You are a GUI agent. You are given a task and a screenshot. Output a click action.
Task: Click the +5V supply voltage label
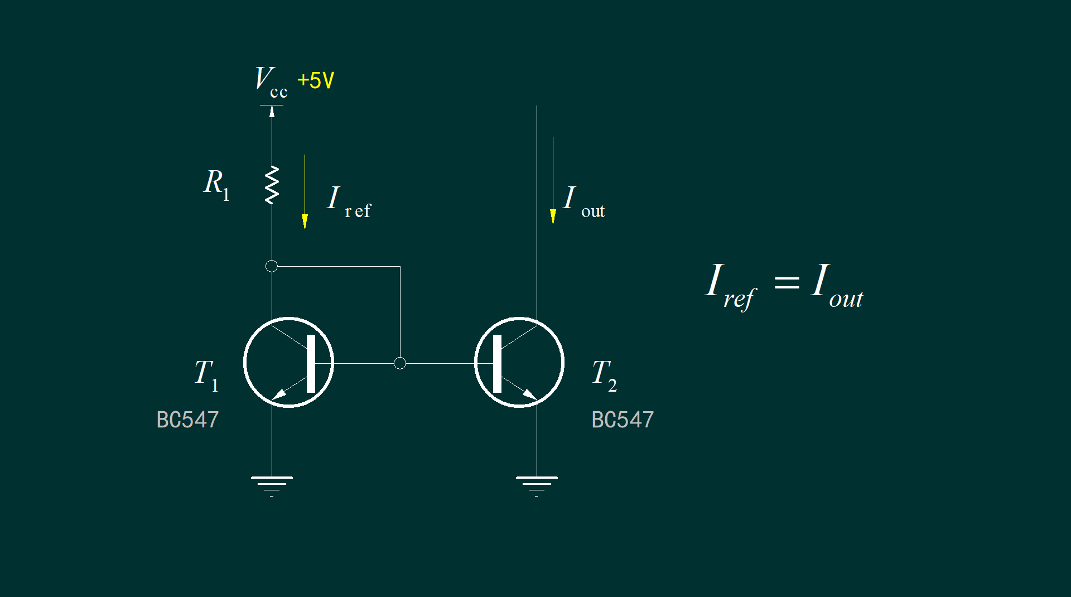[x=316, y=80]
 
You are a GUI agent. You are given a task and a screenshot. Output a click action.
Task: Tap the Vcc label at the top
[x=271, y=82]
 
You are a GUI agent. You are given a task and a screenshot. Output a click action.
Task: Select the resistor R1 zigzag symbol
[x=272, y=185]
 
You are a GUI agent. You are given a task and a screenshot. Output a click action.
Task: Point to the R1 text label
[x=216, y=184]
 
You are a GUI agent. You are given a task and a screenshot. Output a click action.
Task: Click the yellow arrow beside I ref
[x=305, y=192]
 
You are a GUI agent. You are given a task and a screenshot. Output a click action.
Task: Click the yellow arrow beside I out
[x=553, y=180]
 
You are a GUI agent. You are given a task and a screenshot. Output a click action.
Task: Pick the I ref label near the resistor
[x=349, y=202]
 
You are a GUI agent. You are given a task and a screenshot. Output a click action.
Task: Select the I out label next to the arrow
[x=584, y=202]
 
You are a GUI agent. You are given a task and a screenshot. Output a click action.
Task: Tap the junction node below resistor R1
[x=272, y=266]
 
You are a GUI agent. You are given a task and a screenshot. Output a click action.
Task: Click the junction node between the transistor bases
[x=400, y=363]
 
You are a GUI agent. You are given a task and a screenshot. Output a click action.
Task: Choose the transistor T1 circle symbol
[x=244, y=363]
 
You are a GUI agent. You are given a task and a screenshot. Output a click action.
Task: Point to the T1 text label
[x=206, y=375]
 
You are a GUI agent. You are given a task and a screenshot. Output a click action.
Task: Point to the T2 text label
[x=605, y=375]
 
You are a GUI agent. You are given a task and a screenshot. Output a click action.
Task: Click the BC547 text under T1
[x=187, y=420]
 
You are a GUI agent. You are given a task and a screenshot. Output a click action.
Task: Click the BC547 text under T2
[x=623, y=420]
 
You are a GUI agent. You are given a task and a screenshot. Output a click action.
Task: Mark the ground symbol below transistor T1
[x=272, y=486]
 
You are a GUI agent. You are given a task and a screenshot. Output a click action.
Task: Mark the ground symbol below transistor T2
[x=537, y=486]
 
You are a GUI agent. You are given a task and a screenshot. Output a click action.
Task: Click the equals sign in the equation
[x=787, y=282]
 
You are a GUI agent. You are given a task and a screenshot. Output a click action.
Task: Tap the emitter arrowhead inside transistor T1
[x=278, y=394]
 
